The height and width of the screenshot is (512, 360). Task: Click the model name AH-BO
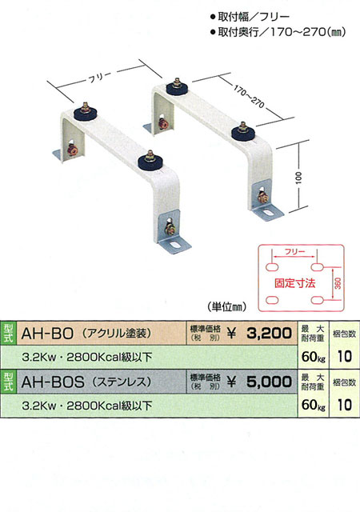click(47, 334)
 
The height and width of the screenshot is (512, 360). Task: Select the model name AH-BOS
click(53, 382)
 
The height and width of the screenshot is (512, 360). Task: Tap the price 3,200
click(269, 334)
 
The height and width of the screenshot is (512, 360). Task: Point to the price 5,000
click(269, 382)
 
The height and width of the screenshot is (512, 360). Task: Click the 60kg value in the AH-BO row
click(314, 357)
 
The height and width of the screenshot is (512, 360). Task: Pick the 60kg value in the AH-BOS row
click(314, 406)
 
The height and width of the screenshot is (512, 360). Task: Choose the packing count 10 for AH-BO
click(344, 357)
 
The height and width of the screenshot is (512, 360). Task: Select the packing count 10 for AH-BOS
click(344, 405)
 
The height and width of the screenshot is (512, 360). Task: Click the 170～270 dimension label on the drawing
click(249, 97)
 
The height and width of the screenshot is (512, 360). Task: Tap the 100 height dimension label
click(299, 178)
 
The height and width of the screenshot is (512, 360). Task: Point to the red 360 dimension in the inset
click(338, 282)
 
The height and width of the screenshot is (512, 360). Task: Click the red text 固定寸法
click(294, 283)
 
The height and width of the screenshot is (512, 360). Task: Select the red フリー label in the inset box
click(294, 252)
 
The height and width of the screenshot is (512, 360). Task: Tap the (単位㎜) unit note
click(226, 307)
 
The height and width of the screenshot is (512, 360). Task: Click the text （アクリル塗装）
click(117, 333)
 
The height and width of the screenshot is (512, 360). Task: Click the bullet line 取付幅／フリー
click(250, 17)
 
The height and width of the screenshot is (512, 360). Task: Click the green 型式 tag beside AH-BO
click(8, 334)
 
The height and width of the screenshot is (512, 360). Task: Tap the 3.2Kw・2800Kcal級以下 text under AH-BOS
click(87, 406)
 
